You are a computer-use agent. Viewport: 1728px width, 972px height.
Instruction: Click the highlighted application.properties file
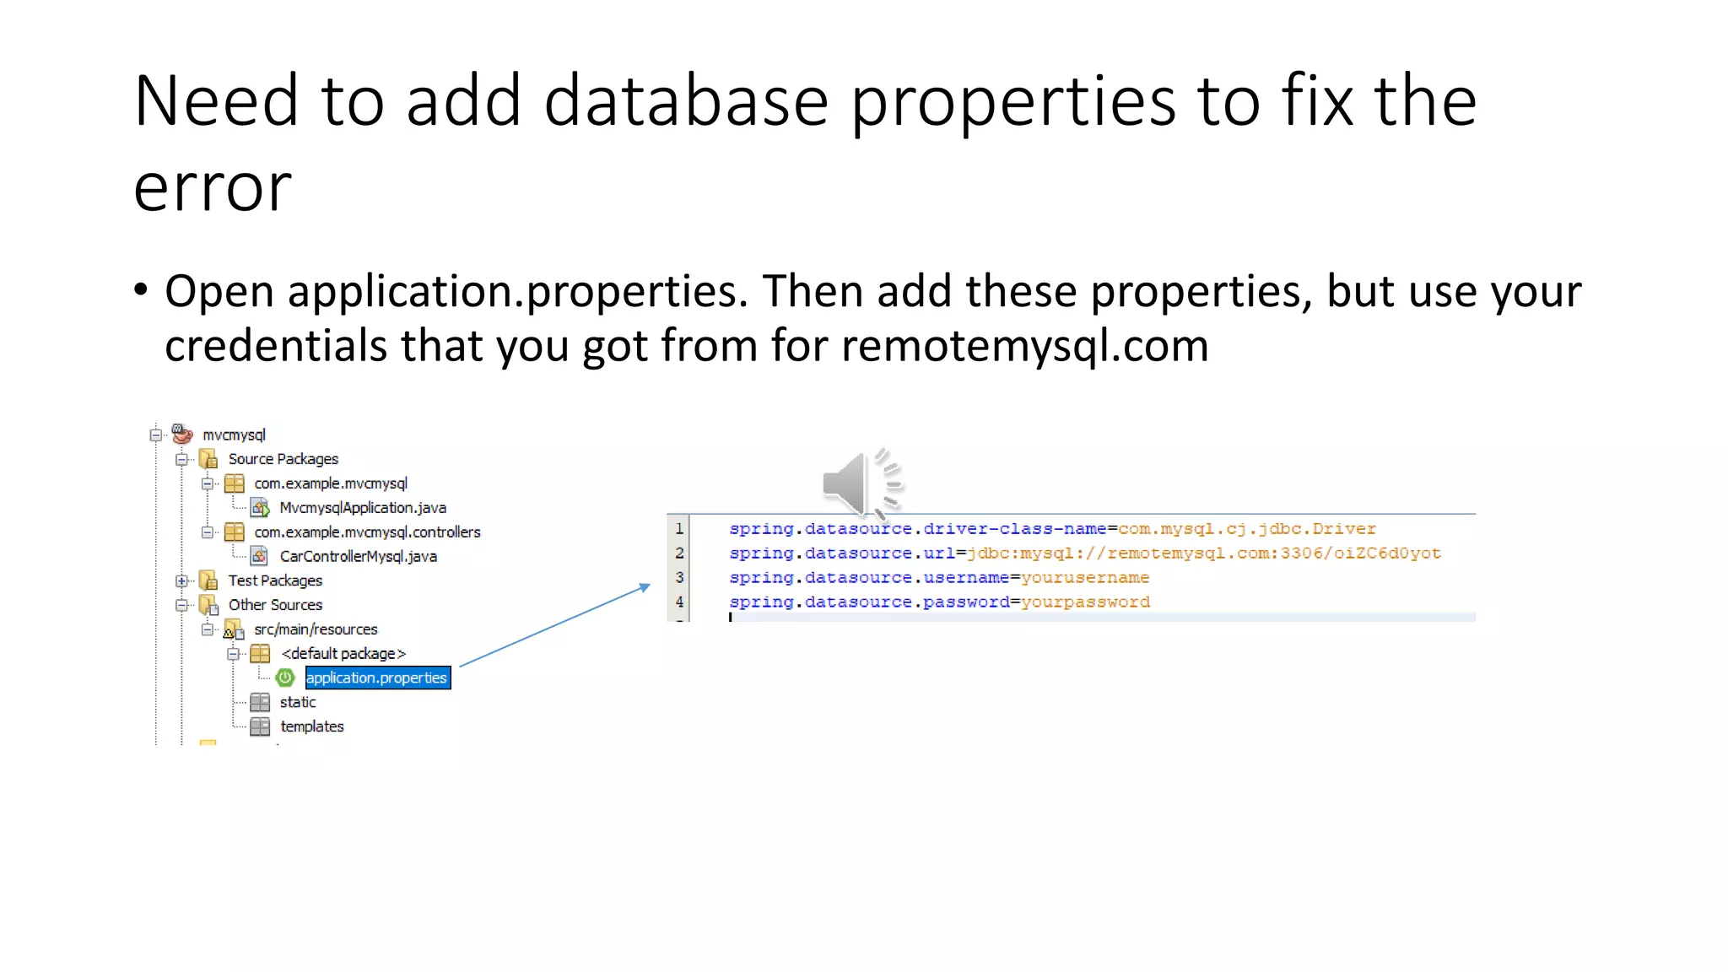coord(376,678)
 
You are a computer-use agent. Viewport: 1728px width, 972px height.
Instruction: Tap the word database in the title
coord(686,100)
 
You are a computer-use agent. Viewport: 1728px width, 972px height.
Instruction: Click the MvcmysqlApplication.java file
coord(362,508)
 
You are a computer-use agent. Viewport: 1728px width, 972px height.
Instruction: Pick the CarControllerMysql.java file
coord(358,557)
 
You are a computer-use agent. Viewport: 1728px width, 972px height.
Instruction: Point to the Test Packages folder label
coord(275,580)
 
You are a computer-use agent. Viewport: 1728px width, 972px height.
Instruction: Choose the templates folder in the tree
coord(311,726)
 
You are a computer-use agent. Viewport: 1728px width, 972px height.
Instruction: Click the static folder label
coord(298,702)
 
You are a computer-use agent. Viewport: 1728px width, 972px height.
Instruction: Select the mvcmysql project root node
coord(234,435)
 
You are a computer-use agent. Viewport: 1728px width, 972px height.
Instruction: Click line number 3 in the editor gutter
coord(679,578)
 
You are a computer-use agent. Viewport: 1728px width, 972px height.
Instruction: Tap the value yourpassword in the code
coord(1085,602)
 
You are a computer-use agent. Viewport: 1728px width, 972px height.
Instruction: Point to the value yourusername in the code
coord(1085,578)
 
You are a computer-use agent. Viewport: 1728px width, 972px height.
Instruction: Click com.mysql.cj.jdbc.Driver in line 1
coord(1247,529)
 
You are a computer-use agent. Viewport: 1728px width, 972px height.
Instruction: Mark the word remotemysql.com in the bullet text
coord(1024,346)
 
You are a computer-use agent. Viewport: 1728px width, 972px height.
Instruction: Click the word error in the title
coord(213,187)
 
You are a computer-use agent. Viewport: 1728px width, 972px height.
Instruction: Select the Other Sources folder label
coord(275,605)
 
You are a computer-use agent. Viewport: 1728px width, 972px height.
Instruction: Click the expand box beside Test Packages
coord(181,580)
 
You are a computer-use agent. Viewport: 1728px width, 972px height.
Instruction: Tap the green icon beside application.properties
coord(286,678)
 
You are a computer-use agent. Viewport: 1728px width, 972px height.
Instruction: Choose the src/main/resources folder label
coord(316,629)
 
